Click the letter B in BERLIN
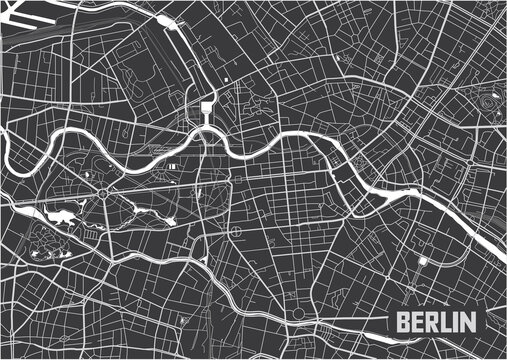point(402,323)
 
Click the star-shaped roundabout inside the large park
point(104,190)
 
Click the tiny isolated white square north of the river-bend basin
point(228,78)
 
